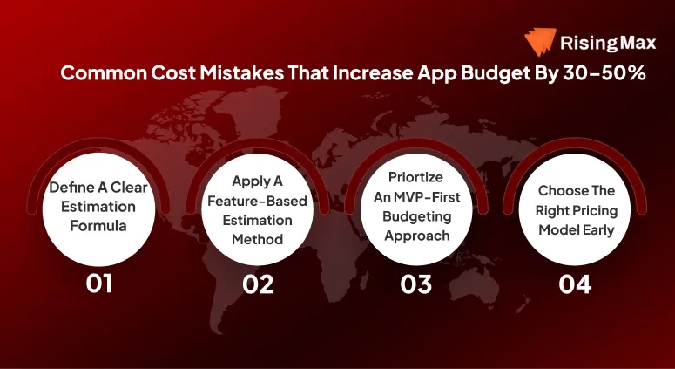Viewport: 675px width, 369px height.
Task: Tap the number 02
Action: (x=258, y=284)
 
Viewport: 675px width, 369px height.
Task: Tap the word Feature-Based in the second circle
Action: (x=257, y=201)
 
